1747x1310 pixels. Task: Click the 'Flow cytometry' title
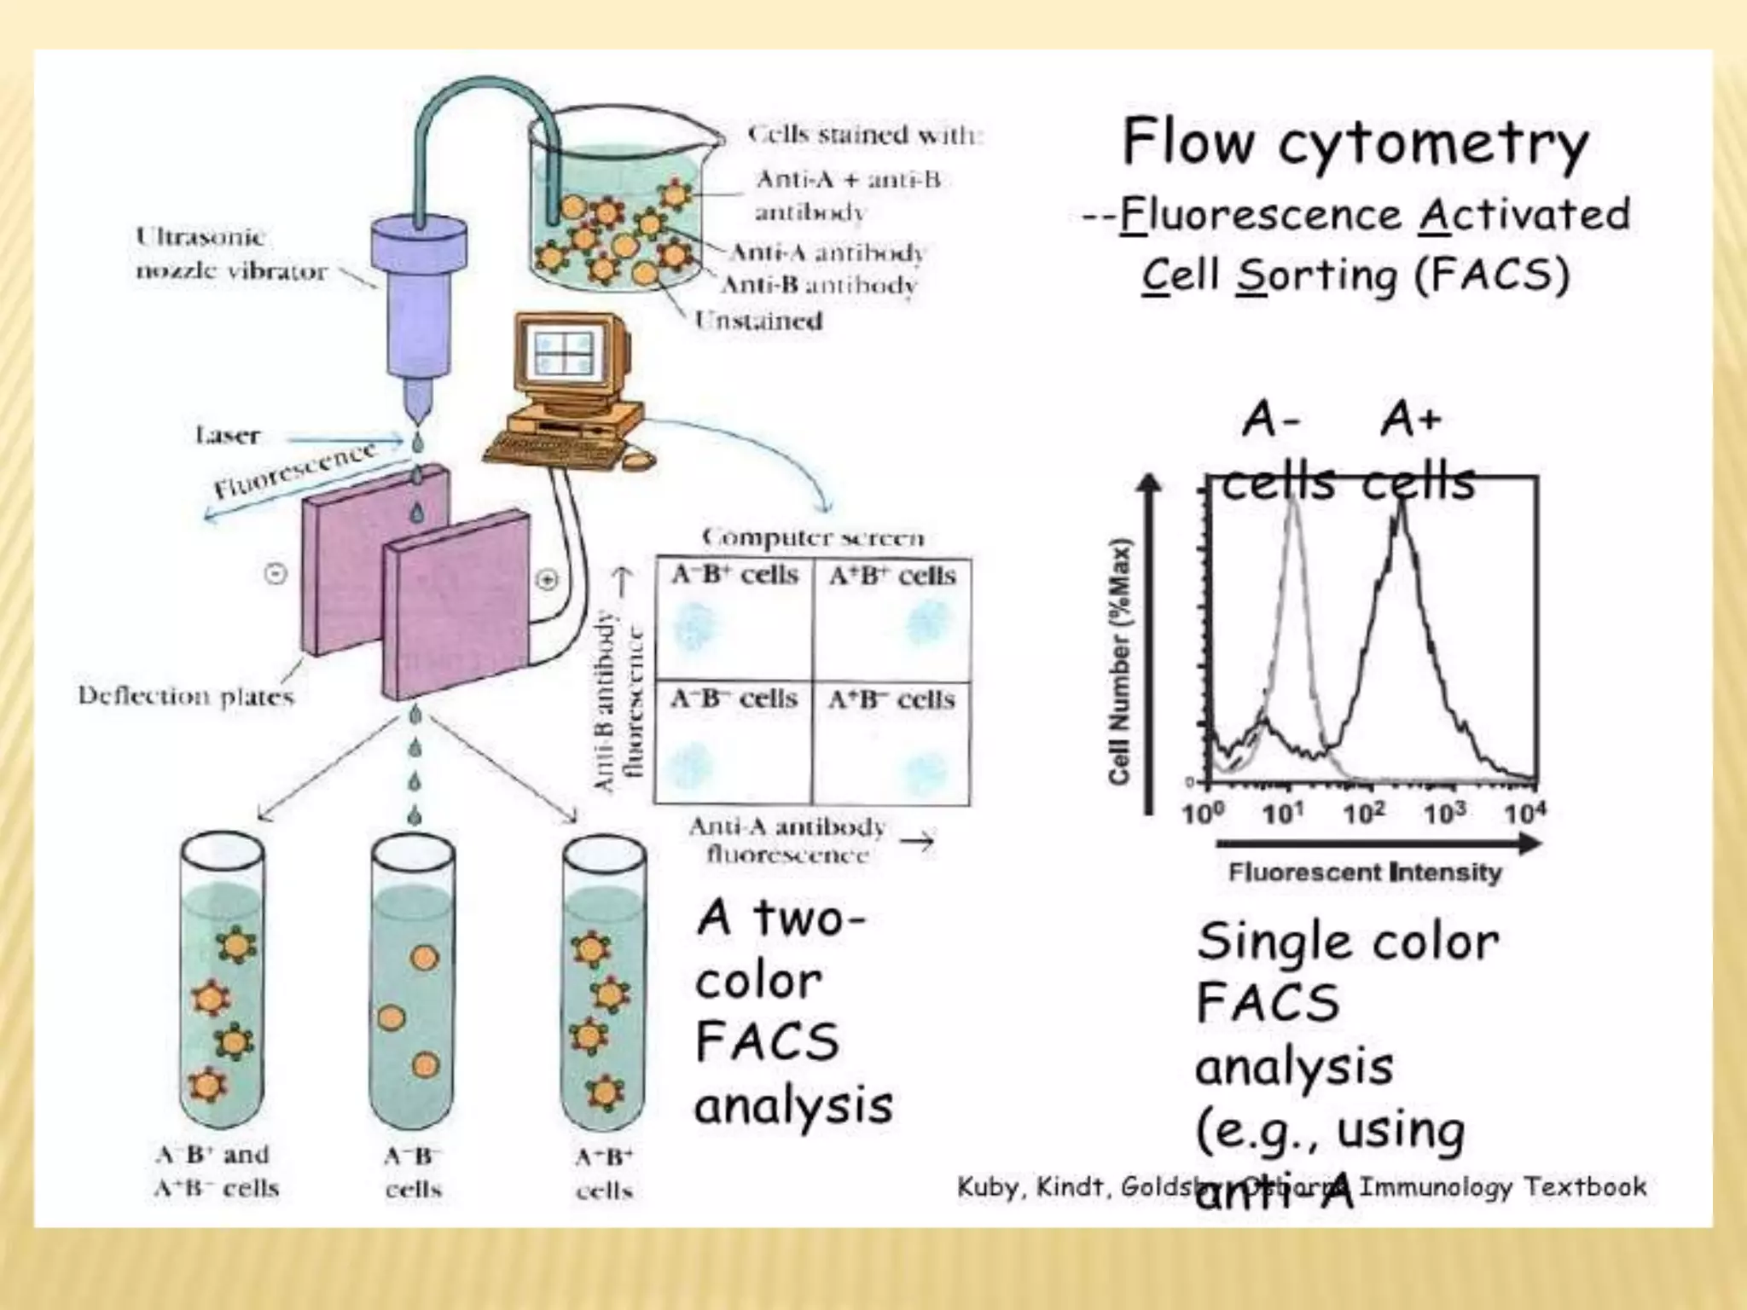[x=1355, y=142]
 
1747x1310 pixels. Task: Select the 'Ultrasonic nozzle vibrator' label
[x=231, y=253]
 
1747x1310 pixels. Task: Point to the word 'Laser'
[x=227, y=436]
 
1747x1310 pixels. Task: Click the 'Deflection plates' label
[x=186, y=696]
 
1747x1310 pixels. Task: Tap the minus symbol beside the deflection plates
[x=276, y=574]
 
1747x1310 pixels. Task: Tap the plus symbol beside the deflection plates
[x=547, y=579]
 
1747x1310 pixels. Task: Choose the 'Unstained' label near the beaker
[x=758, y=321]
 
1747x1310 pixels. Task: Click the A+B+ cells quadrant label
[x=892, y=576]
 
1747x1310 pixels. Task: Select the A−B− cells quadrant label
[x=734, y=698]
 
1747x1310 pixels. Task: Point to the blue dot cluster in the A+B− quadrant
[x=925, y=772]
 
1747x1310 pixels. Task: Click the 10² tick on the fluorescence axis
[x=1363, y=813]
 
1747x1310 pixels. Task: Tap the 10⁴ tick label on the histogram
[x=1524, y=813]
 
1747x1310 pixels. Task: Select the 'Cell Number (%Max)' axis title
[x=1119, y=661]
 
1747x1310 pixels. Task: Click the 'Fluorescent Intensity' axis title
[x=1365, y=872]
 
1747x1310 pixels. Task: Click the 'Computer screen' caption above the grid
[x=813, y=537]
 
